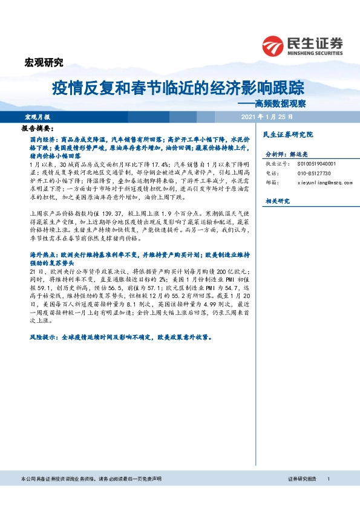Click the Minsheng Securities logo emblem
pyautogui.click(x=274, y=45)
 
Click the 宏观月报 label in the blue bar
pyautogui.click(x=38, y=116)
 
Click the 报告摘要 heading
pyautogui.click(x=38, y=129)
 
